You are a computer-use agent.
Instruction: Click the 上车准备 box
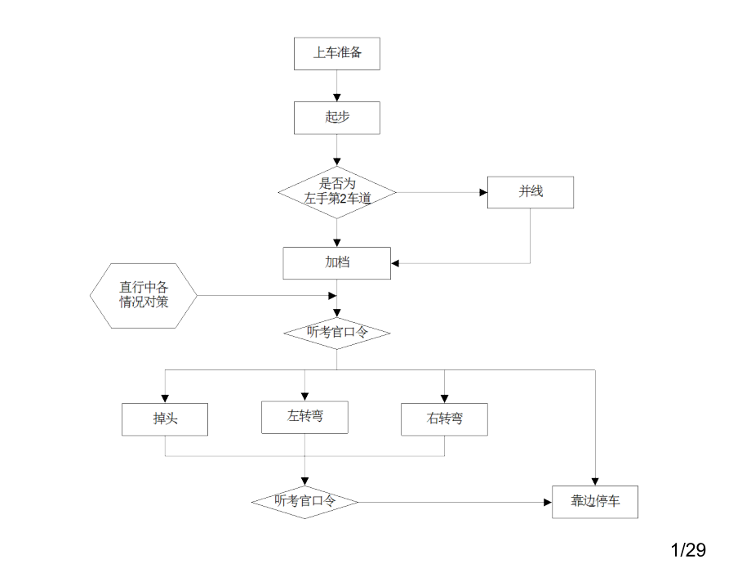(x=336, y=53)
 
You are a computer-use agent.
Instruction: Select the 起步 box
(x=336, y=117)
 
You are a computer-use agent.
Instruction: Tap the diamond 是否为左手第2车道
(x=336, y=192)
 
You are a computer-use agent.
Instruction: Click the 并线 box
(x=530, y=192)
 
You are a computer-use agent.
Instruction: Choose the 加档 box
(x=336, y=262)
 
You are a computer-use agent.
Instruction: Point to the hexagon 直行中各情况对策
(x=144, y=295)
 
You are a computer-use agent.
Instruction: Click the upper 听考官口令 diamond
(x=336, y=332)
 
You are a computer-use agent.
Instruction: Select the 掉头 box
(x=165, y=419)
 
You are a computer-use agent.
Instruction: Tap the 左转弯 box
(x=304, y=417)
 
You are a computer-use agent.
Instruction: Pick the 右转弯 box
(x=444, y=419)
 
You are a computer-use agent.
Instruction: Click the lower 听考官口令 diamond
(x=304, y=501)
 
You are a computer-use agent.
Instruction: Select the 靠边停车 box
(x=595, y=501)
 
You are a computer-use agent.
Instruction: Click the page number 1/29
(x=688, y=549)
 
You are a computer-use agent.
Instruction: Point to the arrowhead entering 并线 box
(x=482, y=193)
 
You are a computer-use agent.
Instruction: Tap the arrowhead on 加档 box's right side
(x=395, y=263)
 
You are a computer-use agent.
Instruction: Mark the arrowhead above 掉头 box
(x=165, y=398)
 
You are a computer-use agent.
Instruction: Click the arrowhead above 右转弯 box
(x=444, y=398)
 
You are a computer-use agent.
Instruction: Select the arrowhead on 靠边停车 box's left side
(x=547, y=502)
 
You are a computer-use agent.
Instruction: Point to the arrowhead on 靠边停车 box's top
(x=595, y=481)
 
